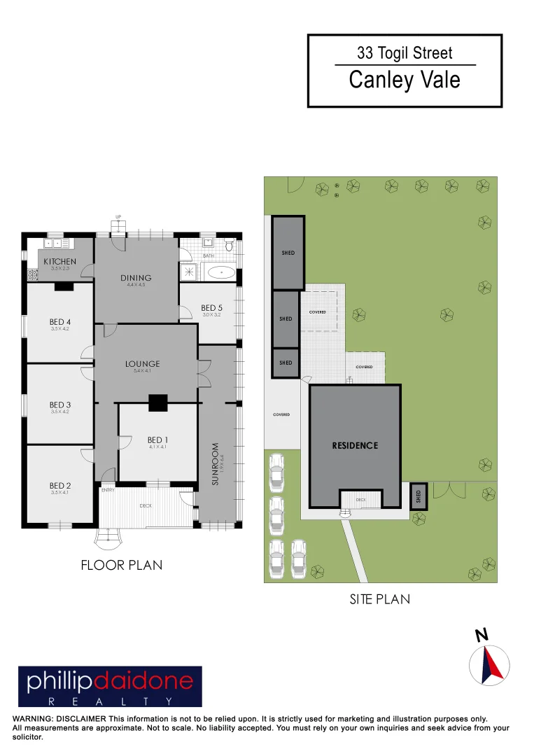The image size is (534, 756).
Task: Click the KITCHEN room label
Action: [59, 261]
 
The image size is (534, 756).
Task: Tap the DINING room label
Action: [136, 278]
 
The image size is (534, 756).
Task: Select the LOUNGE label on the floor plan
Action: [142, 363]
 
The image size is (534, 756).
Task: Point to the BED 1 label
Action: [157, 440]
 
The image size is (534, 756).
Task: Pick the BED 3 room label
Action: [60, 405]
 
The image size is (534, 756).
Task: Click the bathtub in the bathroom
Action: [222, 272]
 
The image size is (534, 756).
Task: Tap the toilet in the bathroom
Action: [229, 246]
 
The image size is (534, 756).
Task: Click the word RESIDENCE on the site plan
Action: [355, 445]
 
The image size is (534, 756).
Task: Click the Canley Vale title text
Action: [405, 80]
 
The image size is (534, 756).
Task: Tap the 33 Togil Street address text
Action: [405, 52]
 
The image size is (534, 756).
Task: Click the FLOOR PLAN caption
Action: [122, 565]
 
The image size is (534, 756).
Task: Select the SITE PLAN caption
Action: [379, 599]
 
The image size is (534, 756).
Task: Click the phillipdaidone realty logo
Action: [110, 686]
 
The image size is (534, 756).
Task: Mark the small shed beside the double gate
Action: [418, 496]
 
